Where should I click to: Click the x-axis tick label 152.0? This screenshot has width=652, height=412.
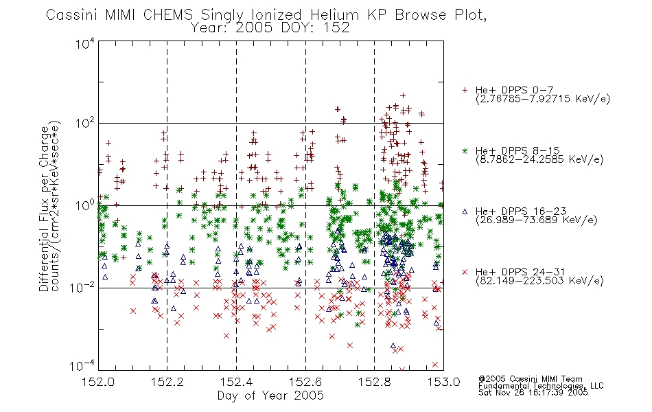pyautogui.click(x=98, y=382)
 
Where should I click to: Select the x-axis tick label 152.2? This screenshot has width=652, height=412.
pyautogui.click(x=167, y=382)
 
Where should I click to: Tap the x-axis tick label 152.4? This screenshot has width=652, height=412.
pyautogui.click(x=236, y=382)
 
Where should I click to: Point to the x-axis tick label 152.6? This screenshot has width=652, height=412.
pyautogui.click(x=305, y=382)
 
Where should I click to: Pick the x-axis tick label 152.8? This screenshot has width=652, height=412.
pyautogui.click(x=374, y=382)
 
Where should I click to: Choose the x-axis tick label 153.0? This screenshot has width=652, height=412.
pyautogui.click(x=443, y=382)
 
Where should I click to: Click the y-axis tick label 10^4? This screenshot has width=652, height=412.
pyautogui.click(x=85, y=44)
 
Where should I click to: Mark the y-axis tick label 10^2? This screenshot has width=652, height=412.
pyautogui.click(x=85, y=124)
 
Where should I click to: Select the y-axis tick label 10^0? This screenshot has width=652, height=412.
pyautogui.click(x=85, y=205)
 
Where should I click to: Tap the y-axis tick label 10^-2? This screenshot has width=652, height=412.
pyautogui.click(x=82, y=287)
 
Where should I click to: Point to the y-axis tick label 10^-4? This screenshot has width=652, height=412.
pyautogui.click(x=82, y=366)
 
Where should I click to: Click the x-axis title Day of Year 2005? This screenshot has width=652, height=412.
pyautogui.click(x=270, y=396)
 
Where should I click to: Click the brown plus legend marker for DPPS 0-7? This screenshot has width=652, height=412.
pyautogui.click(x=465, y=90)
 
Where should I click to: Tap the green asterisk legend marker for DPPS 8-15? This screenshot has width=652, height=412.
pyautogui.click(x=465, y=150)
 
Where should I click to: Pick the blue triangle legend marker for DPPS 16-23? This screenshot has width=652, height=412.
pyautogui.click(x=465, y=211)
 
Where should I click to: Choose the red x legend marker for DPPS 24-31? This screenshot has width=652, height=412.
pyautogui.click(x=465, y=272)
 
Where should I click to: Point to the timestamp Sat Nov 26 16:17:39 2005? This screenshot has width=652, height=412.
pyautogui.click(x=533, y=393)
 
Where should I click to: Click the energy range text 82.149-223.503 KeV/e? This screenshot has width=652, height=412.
pyautogui.click(x=539, y=281)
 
